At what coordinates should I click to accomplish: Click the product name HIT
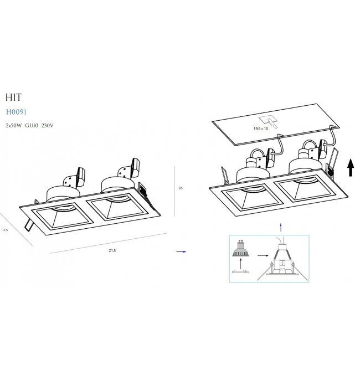(14, 97)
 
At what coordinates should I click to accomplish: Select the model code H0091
(16, 112)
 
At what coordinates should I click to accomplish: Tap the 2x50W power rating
(14, 126)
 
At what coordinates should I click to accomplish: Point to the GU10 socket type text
(32, 126)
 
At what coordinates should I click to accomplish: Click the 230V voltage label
(48, 126)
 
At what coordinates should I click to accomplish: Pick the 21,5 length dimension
(112, 250)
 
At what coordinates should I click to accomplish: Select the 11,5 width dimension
(5, 230)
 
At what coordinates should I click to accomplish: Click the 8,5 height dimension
(181, 188)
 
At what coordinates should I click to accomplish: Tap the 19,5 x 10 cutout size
(261, 129)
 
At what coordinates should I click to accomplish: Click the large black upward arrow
(351, 167)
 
